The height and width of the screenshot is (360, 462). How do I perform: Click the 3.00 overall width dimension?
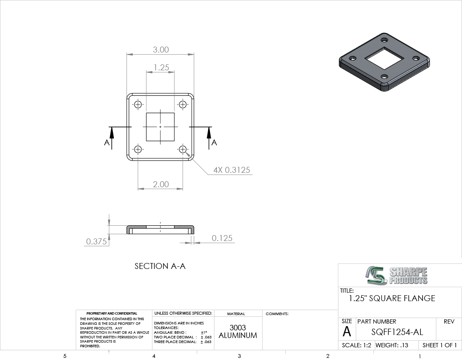[161, 50]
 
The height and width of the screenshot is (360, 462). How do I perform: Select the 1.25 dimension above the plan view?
[161, 67]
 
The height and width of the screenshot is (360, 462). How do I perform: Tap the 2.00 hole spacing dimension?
[161, 184]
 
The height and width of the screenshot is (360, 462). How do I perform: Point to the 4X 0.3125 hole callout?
[231, 170]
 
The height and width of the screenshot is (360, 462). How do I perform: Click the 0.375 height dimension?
[96, 241]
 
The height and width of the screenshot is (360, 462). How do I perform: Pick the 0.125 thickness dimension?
[222, 238]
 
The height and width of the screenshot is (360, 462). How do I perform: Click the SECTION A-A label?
[160, 266]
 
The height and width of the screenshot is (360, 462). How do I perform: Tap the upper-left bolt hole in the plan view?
[138, 104]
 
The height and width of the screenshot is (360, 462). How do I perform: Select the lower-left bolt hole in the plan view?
[138, 149]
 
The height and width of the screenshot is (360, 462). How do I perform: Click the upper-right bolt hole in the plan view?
[183, 104]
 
